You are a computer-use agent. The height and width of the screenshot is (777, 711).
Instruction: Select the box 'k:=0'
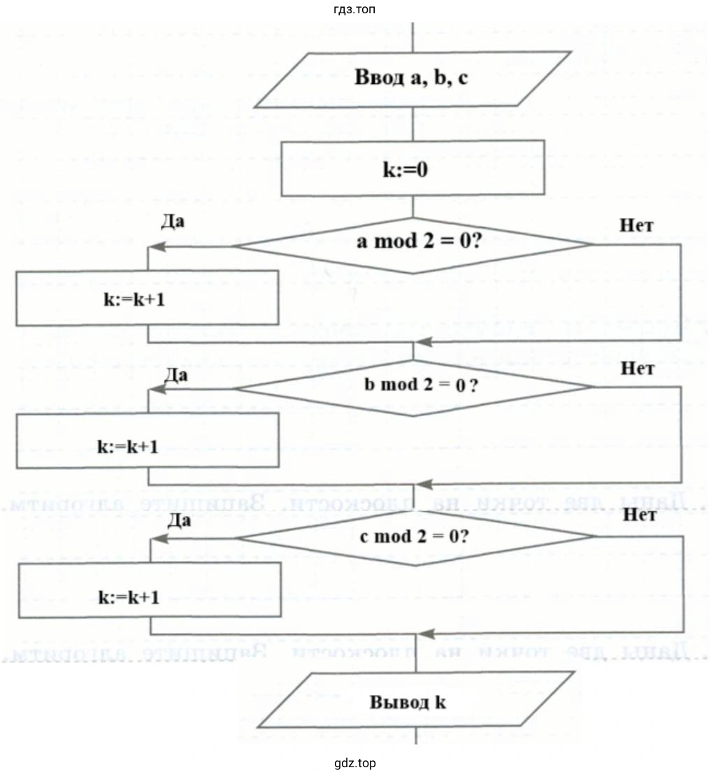412,169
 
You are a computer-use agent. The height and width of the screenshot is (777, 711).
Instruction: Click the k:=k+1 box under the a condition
147,298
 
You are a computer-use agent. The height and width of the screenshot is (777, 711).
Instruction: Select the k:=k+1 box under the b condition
147,441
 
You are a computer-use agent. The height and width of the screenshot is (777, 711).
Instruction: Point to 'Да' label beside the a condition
172,222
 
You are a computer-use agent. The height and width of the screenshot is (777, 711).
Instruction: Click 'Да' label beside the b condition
175,375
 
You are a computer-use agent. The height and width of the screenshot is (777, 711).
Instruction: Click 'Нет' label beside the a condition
636,225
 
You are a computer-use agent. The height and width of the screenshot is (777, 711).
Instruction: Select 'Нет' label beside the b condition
638,369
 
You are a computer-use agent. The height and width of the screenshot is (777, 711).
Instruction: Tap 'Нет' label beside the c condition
638,516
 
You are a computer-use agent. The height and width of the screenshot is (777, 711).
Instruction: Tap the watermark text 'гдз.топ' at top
355,10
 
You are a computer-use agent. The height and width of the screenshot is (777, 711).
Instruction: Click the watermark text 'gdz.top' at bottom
355,762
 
